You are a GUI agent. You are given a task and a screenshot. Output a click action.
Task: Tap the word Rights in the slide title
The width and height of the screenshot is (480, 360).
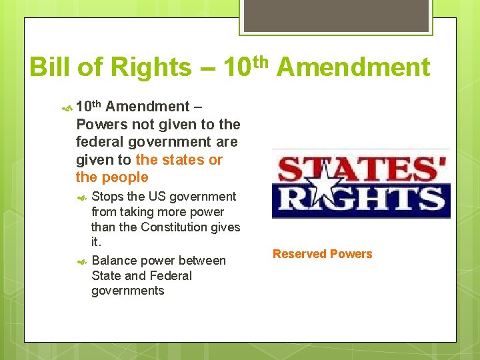150,67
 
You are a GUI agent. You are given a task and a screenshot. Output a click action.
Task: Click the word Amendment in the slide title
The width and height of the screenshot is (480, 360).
353,67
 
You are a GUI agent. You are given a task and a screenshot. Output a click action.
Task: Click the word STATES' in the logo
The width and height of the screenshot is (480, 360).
362,168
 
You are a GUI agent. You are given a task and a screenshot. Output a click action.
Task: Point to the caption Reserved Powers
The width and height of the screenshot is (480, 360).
323,254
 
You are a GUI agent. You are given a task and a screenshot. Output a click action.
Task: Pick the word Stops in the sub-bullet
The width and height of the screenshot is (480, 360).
107,197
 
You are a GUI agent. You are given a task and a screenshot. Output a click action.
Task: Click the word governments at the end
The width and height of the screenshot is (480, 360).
127,291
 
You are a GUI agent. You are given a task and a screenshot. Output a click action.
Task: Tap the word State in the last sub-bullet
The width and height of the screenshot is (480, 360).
106,276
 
